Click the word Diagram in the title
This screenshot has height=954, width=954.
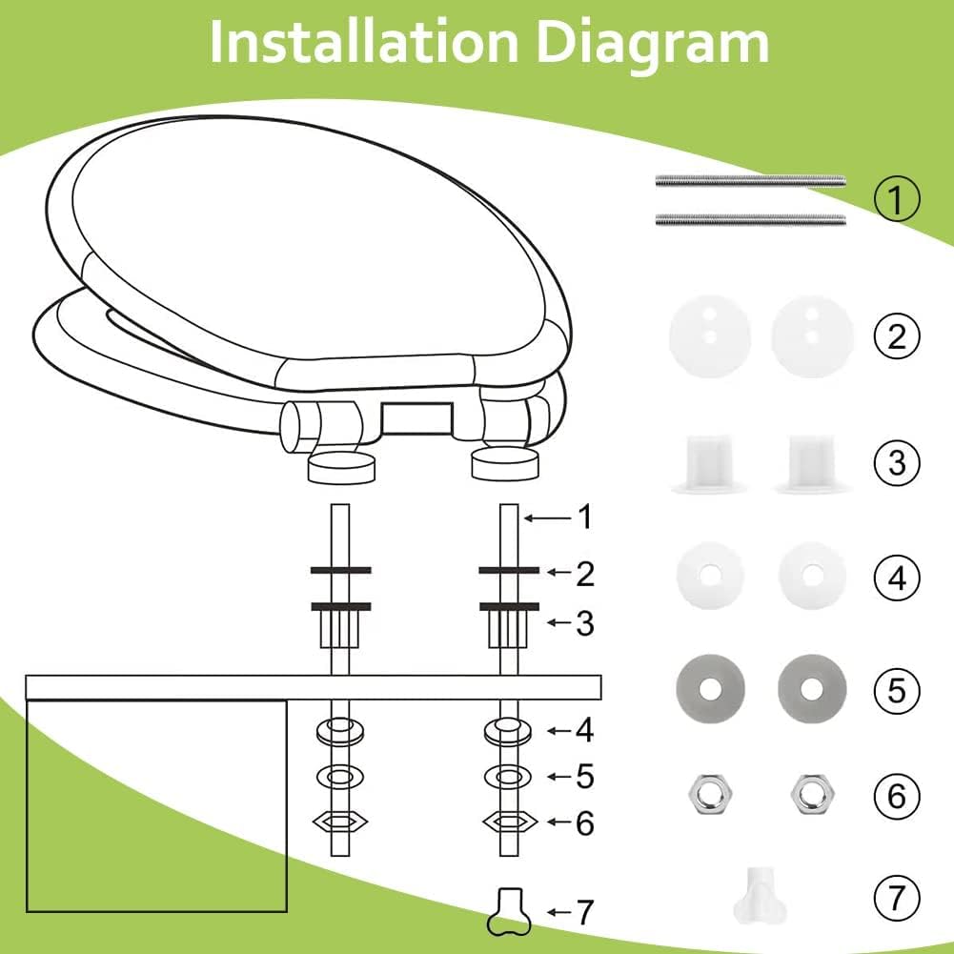pos(654,44)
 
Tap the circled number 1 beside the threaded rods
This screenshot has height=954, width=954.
pos(897,198)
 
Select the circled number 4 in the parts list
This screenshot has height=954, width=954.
pos(897,578)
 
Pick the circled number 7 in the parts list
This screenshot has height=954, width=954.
pos(897,898)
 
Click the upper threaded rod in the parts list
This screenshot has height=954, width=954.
pos(750,181)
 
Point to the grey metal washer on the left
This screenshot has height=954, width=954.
pos(710,689)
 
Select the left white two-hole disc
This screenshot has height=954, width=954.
pos(710,335)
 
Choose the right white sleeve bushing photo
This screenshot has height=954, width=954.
pos(812,463)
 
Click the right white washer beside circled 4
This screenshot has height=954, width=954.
pos(812,575)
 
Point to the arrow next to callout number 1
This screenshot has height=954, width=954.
pos(548,518)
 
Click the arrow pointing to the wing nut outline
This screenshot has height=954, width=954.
pos(559,912)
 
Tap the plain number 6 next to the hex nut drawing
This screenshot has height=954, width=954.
pos(584,822)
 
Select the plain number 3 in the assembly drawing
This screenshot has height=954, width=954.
pos(584,623)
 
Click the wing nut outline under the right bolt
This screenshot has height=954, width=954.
pos(509,911)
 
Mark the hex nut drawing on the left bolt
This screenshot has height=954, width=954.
pos(340,822)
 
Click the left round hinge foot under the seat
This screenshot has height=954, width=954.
pos(341,467)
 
